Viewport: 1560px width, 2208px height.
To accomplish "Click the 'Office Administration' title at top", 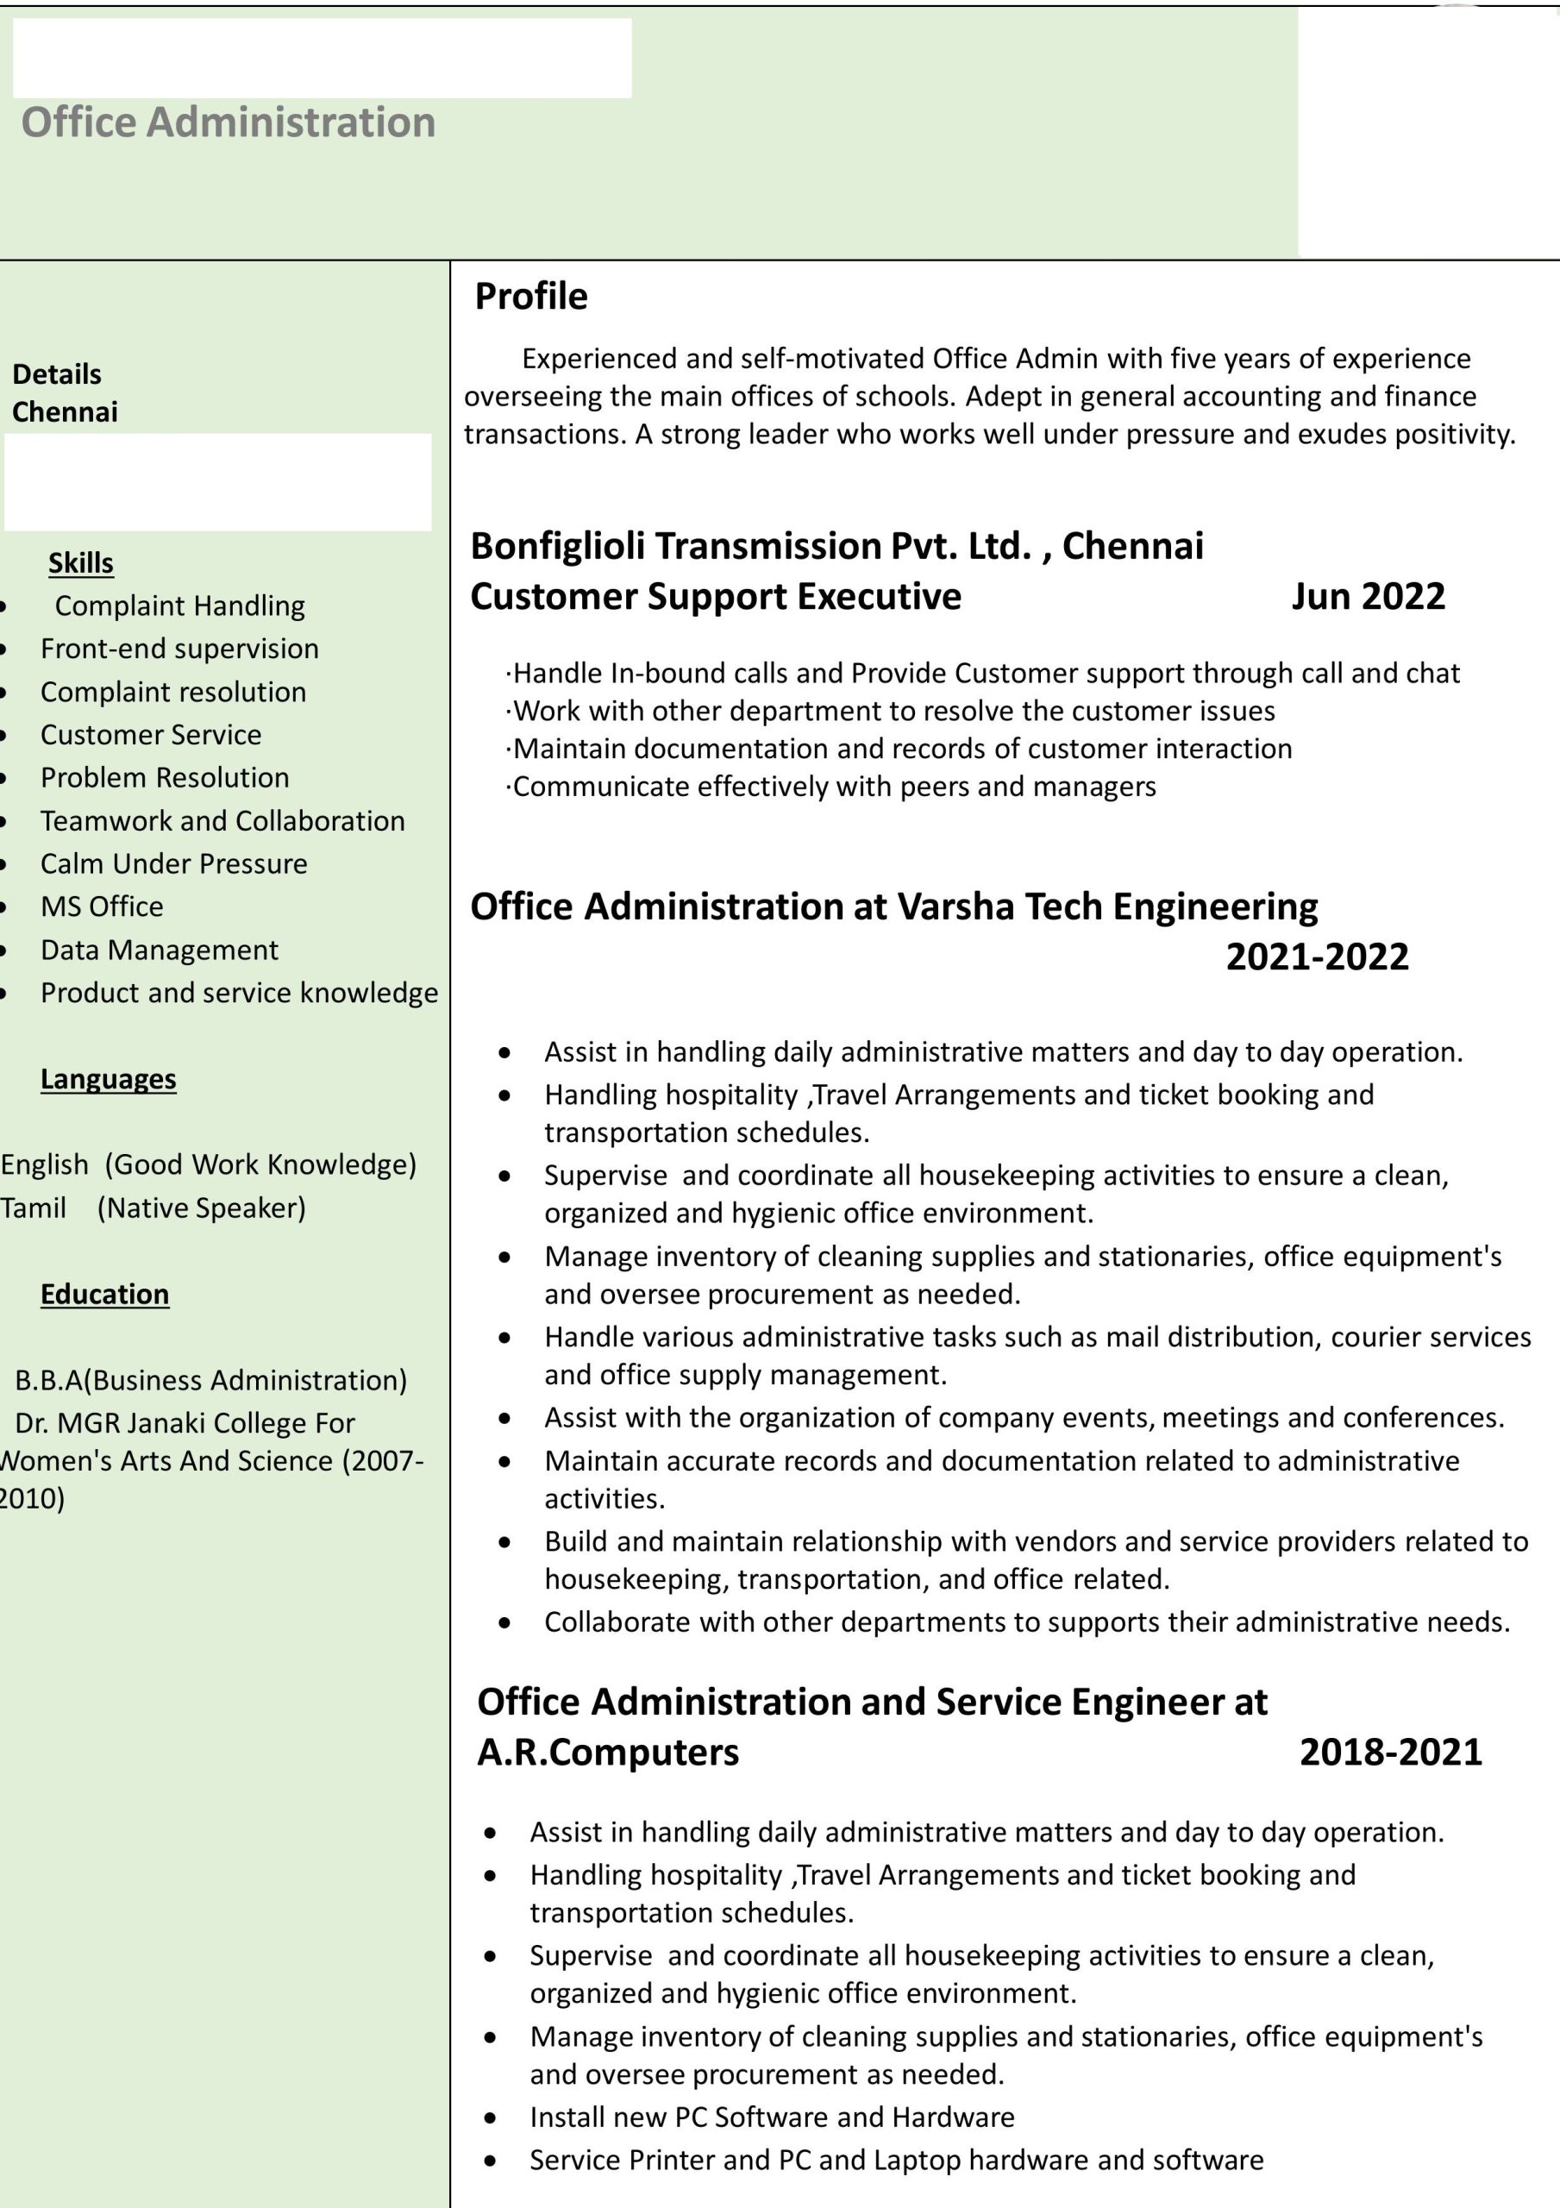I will (228, 123).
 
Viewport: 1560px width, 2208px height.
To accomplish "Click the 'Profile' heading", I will (531, 296).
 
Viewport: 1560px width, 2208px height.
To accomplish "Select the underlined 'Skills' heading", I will (81, 562).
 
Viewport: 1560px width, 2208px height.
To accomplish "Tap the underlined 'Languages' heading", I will (108, 1079).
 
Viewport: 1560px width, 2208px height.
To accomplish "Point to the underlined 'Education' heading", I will (105, 1295).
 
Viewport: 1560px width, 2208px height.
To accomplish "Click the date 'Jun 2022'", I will (1367, 596).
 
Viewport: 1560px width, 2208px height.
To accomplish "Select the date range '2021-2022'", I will (1317, 956).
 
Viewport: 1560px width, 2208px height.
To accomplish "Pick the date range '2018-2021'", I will (1390, 1752).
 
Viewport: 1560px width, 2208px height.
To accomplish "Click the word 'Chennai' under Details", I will (65, 411).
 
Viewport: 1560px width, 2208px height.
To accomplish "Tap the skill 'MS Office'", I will (102, 906).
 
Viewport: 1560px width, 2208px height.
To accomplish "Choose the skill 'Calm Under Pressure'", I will (174, 863).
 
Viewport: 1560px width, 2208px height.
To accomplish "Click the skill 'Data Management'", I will (159, 950).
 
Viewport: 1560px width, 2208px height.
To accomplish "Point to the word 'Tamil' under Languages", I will (34, 1207).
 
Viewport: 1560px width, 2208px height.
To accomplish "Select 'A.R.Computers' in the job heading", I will (608, 1752).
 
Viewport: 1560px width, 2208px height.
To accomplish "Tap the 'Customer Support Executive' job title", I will (716, 596).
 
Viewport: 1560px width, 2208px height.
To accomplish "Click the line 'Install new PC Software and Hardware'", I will (771, 2117).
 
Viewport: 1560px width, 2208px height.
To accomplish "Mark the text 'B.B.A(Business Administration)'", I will (210, 1380).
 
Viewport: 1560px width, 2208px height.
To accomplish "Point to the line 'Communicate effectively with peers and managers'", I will (833, 787).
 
